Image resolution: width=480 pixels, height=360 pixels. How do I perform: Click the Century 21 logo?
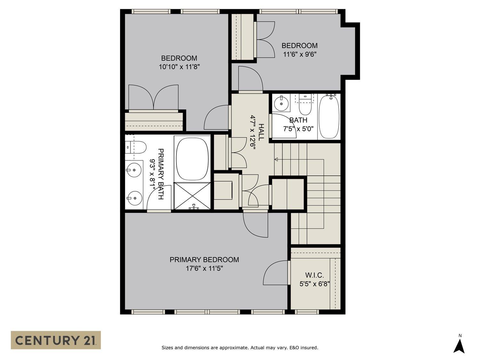click(56, 340)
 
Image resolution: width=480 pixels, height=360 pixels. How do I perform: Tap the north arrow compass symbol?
click(459, 346)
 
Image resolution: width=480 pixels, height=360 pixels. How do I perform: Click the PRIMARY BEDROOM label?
click(204, 260)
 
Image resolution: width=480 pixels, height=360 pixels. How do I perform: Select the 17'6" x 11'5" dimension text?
click(204, 268)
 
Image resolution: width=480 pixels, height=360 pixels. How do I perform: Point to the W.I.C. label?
click(314, 275)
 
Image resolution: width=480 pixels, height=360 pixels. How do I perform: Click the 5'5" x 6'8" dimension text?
click(314, 284)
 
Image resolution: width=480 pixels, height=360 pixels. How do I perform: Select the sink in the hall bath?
click(282, 102)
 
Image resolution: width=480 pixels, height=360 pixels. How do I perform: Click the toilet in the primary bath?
click(136, 147)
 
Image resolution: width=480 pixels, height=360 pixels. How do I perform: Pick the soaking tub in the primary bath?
click(192, 159)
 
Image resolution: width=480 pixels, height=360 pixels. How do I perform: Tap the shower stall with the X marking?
click(192, 196)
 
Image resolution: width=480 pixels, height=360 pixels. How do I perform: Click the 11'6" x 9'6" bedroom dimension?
click(300, 54)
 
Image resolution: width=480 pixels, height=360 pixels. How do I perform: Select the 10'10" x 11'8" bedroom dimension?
click(179, 67)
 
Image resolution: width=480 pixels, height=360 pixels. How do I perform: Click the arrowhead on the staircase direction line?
click(276, 159)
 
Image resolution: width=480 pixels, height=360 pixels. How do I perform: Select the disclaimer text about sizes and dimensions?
click(240, 348)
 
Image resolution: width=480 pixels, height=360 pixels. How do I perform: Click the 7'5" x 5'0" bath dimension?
click(298, 129)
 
